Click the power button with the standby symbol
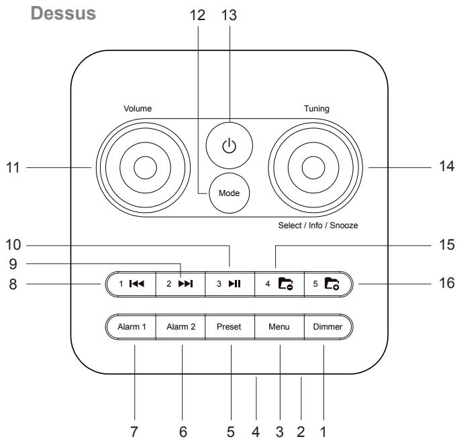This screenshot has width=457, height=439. click(x=229, y=145)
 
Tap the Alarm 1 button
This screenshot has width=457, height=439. click(x=130, y=328)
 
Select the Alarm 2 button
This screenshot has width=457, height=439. click(x=180, y=328)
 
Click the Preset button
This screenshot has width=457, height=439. click(x=230, y=328)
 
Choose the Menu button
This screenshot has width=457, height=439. click(x=279, y=328)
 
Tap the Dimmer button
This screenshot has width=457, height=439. click(x=329, y=328)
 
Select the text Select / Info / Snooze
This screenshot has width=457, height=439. click(x=318, y=226)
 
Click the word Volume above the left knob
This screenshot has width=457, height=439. click(x=138, y=107)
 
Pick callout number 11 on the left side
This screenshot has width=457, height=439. click(x=12, y=167)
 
